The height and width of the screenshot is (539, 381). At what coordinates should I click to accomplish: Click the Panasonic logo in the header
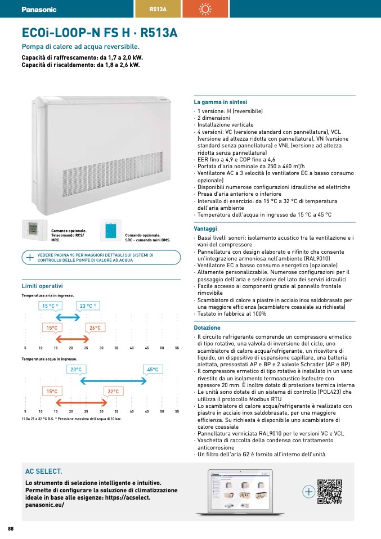click(39, 10)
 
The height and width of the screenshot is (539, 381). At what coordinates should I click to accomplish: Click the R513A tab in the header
click(158, 9)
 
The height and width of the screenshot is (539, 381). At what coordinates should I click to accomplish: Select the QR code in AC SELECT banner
click(330, 491)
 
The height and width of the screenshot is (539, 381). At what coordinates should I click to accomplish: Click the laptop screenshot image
click(245, 492)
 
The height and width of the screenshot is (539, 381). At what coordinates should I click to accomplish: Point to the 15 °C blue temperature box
click(50, 306)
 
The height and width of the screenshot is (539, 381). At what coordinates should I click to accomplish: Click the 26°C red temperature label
click(95, 327)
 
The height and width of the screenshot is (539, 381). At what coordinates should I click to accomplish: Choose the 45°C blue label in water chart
click(153, 370)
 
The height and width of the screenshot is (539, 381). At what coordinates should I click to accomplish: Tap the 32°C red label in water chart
click(113, 391)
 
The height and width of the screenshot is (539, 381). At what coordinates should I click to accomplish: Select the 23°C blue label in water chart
click(76, 370)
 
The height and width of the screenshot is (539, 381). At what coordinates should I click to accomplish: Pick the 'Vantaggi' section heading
click(205, 229)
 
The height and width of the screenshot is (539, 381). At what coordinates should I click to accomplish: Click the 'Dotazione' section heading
click(207, 327)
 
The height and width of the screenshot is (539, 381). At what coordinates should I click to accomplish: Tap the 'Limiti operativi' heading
click(42, 286)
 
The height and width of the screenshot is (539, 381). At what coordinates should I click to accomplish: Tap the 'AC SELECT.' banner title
click(44, 471)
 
